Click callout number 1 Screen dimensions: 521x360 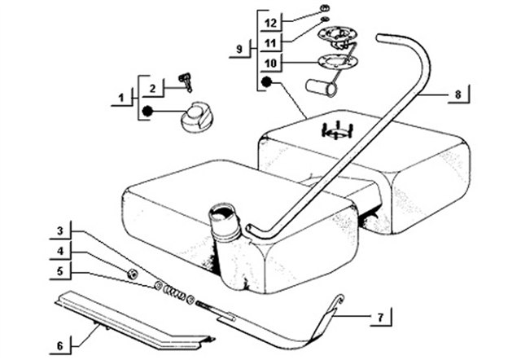[121, 98]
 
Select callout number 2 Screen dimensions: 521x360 [152, 89]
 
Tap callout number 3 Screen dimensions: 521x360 [60, 230]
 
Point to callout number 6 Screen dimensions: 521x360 [60, 346]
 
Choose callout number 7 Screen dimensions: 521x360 [380, 318]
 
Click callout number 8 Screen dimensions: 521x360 [458, 94]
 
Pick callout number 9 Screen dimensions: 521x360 [239, 49]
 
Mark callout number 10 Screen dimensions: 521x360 [271, 63]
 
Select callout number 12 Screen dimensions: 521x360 [271, 23]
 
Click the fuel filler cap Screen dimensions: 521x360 [196, 117]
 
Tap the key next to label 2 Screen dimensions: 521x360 [186, 81]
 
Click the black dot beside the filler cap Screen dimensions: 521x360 [147, 111]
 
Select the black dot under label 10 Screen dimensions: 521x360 [266, 82]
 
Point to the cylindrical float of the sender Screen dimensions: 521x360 [321, 88]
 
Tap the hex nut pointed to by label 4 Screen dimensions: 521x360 [133, 274]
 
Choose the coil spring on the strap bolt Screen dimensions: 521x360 [173, 292]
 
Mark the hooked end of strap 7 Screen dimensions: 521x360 [339, 301]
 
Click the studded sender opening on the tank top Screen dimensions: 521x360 [336, 130]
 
